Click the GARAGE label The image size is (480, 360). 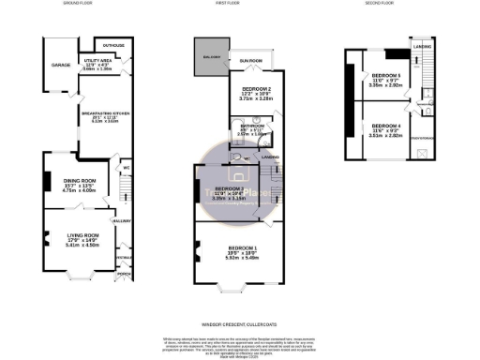coord(60,66)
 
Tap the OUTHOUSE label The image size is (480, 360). coord(114,45)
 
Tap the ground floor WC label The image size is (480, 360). coord(124,170)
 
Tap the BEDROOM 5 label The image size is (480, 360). coord(384,74)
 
